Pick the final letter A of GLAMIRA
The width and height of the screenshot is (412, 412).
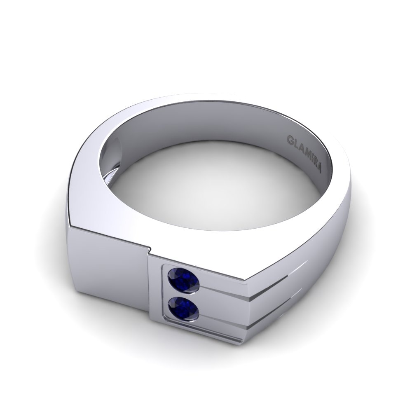pyautogui.click(x=320, y=169)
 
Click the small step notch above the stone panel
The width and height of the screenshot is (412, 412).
pyautogui.click(x=149, y=248)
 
